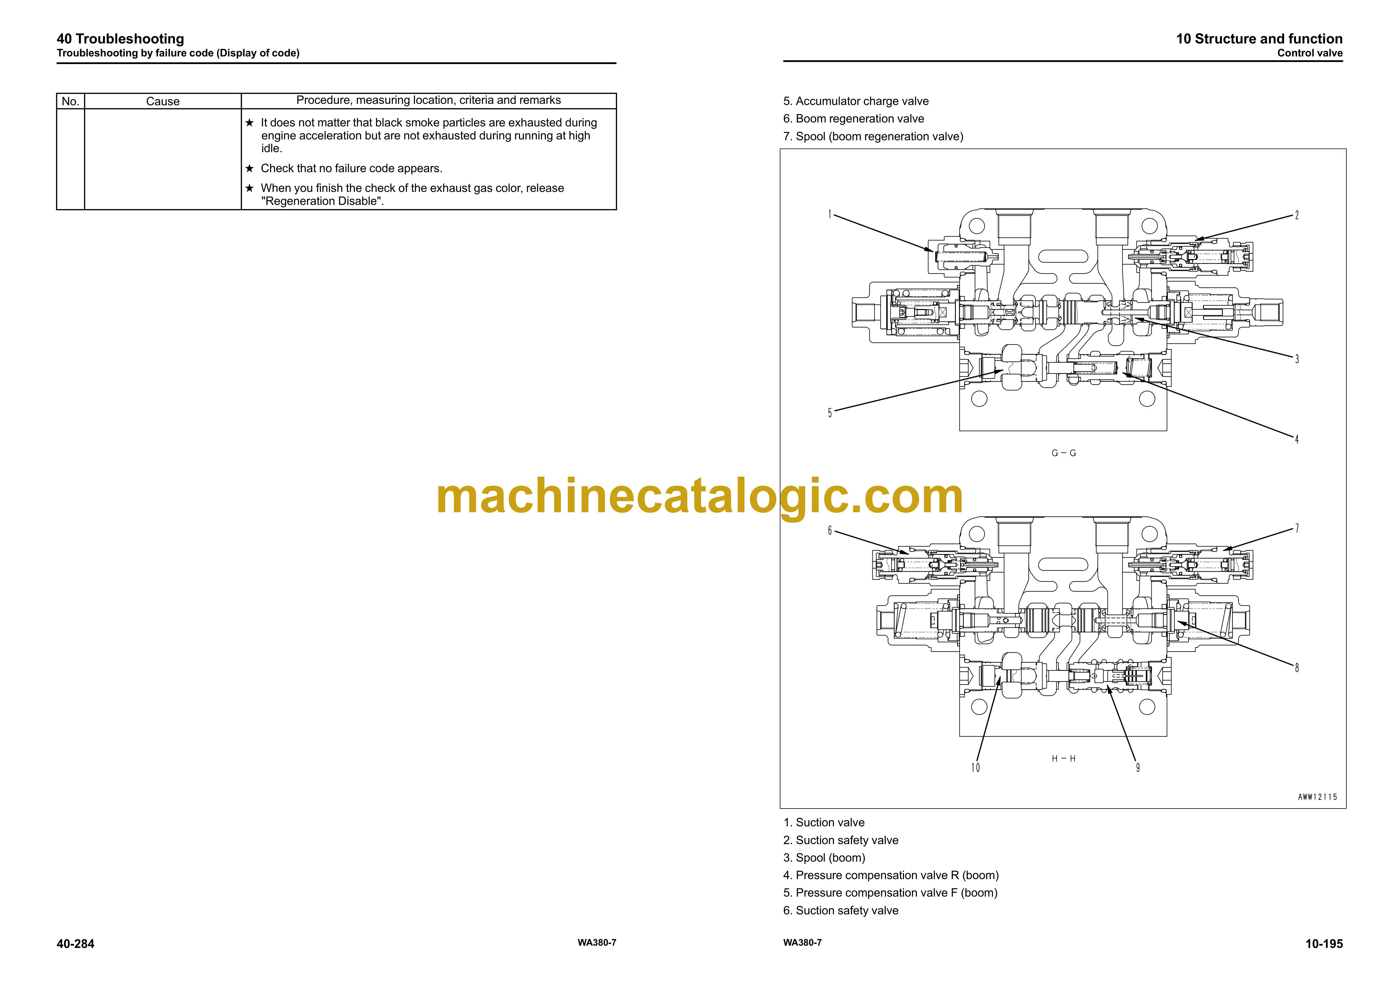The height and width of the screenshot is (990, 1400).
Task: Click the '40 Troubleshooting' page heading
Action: pos(120,39)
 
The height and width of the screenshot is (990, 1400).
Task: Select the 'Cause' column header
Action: pos(163,101)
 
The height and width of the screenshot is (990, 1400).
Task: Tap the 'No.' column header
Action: pos(71,101)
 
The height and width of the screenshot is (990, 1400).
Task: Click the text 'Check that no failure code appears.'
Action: pos(351,168)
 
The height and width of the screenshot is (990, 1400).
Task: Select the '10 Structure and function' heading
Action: pos(1259,39)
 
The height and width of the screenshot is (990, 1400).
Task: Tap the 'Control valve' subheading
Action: pos(1310,53)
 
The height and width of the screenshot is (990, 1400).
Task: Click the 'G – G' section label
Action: pos(1064,453)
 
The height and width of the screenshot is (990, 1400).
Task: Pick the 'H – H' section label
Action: pos(1064,759)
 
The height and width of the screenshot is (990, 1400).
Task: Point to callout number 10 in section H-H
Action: pos(976,768)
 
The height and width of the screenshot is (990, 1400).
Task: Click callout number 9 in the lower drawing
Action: pos(1138,768)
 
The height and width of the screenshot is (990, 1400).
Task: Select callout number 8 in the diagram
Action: pos(1297,668)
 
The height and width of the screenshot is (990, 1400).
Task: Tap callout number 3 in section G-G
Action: pos(1297,359)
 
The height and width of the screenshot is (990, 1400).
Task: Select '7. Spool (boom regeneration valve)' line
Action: pos(873,137)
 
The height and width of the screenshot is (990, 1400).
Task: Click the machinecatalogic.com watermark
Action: pos(699,497)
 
